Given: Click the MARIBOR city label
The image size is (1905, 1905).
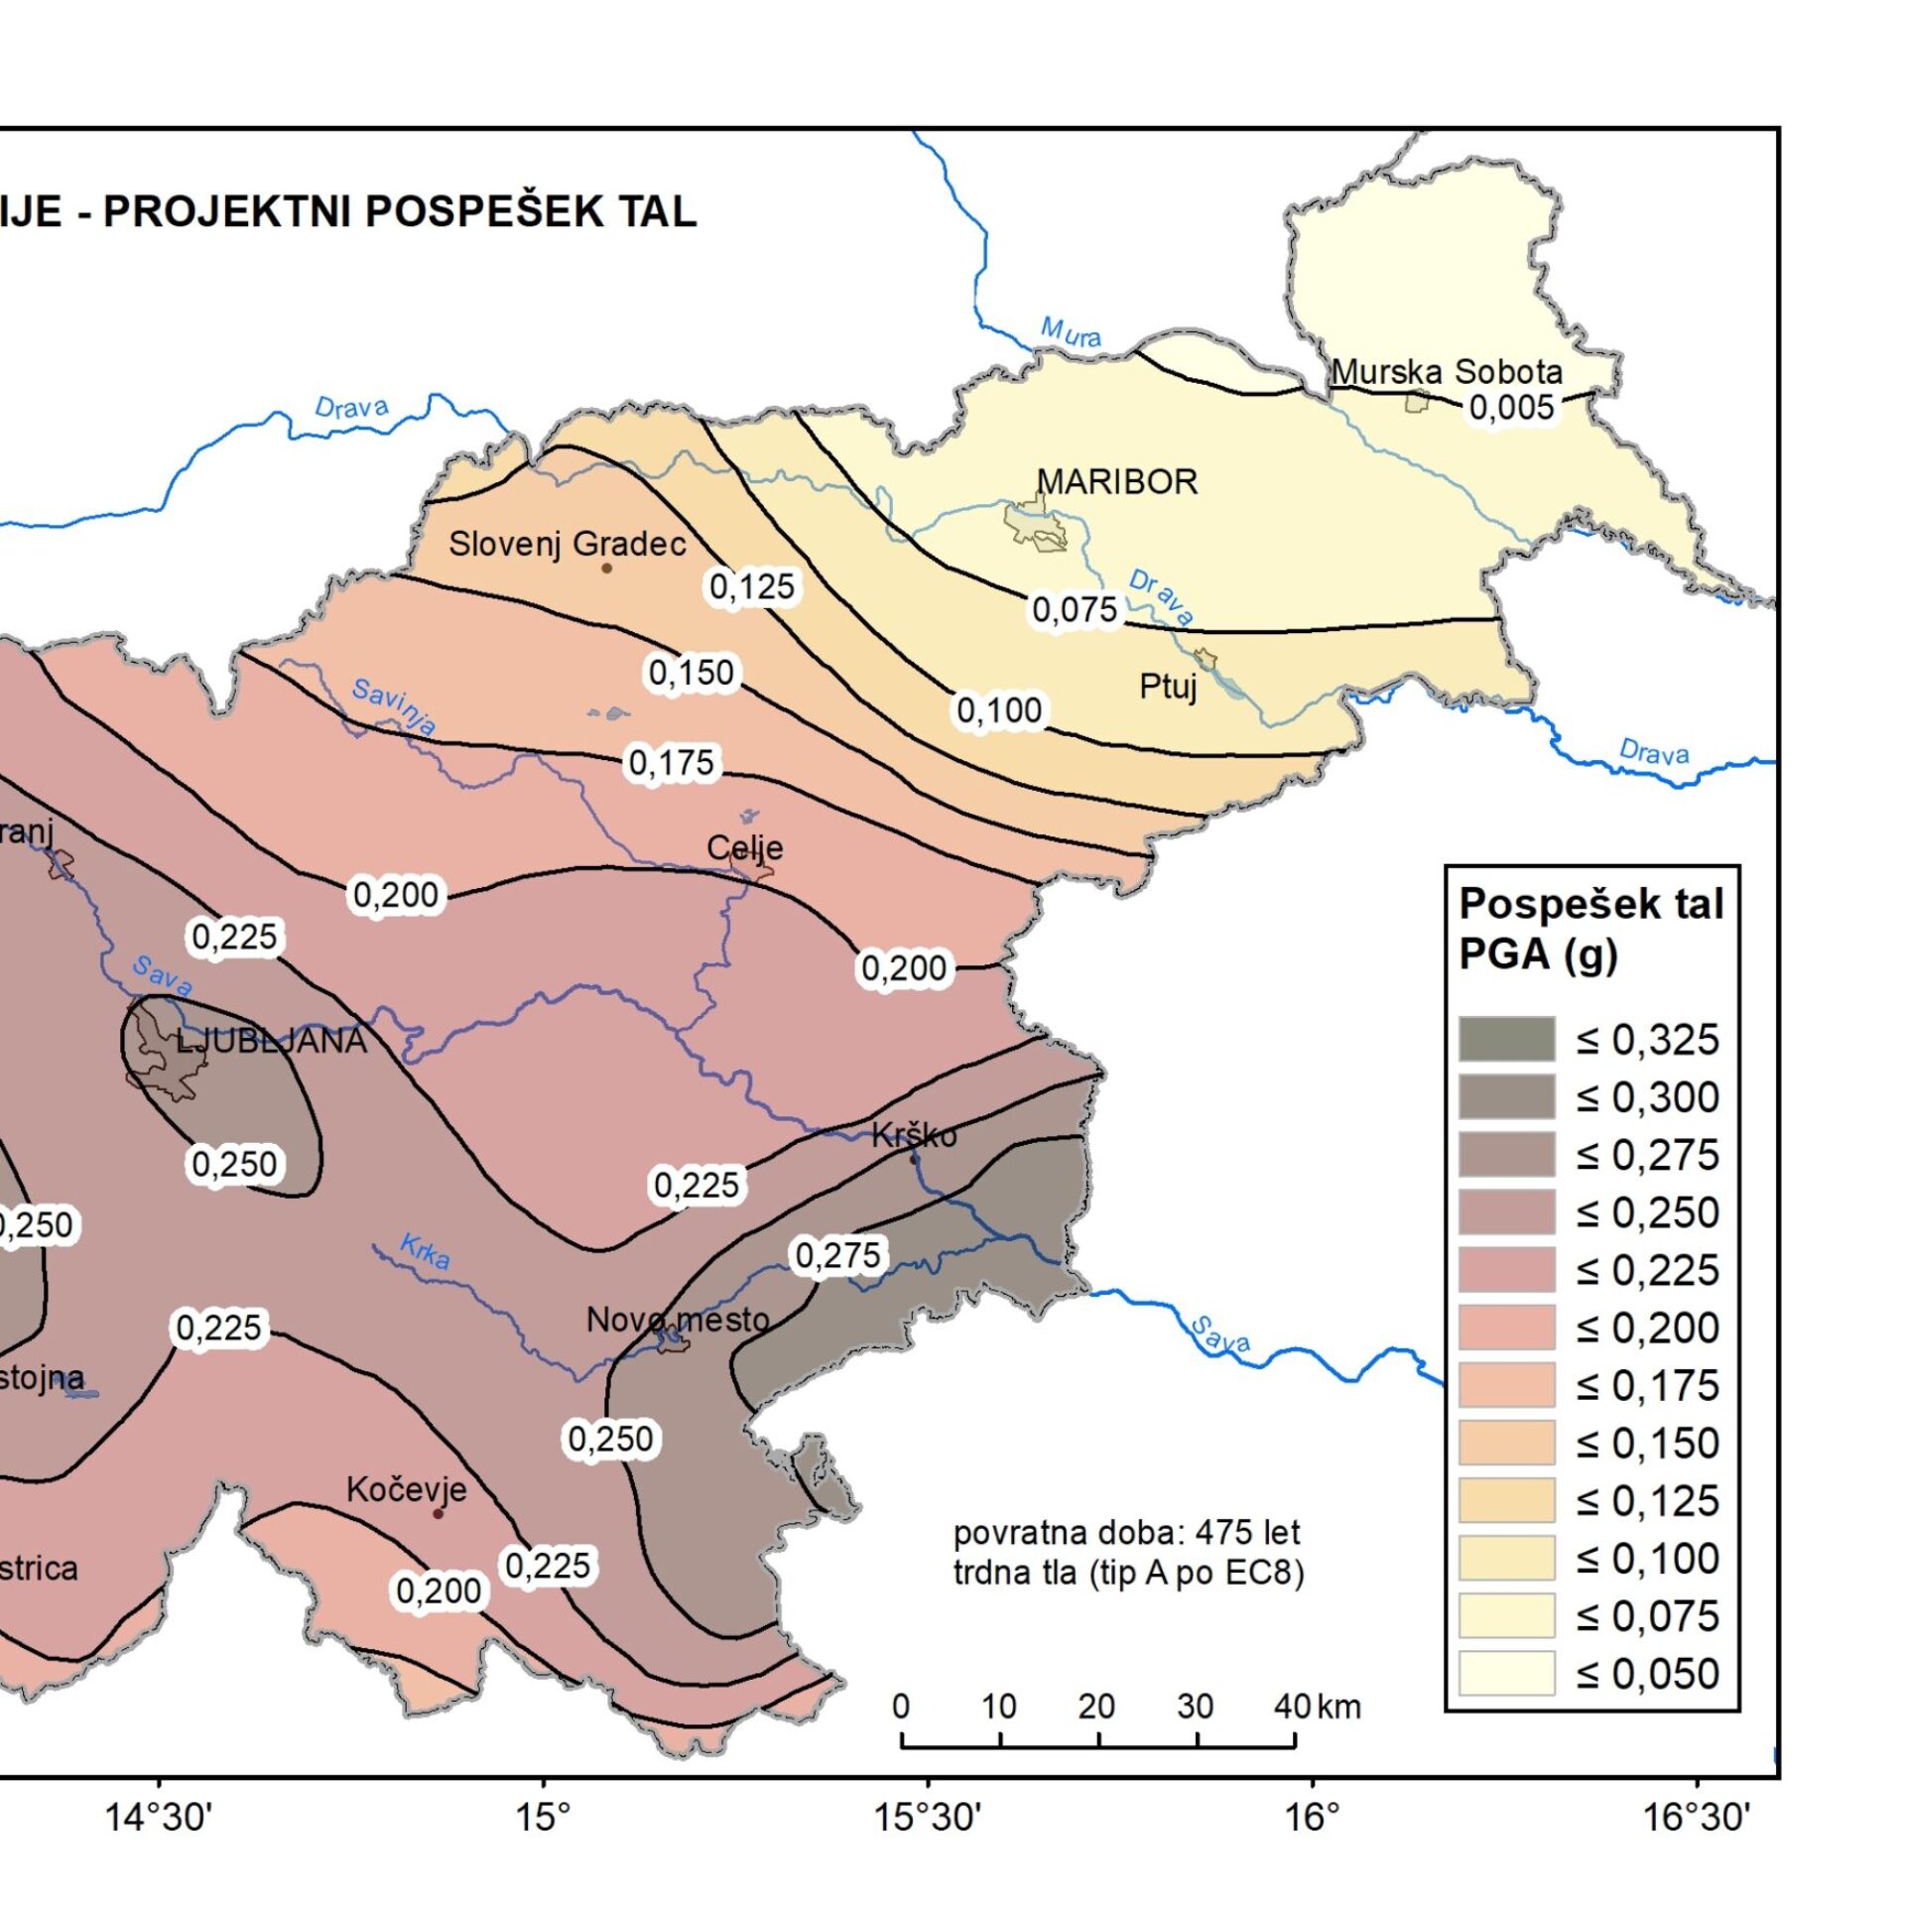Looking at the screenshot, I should coord(1117,482).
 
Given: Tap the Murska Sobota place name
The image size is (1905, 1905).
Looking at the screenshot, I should coord(1446,372).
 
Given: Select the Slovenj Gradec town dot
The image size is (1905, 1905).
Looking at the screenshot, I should coord(606,569).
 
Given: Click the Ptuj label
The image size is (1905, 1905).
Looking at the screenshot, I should coord(1168,686).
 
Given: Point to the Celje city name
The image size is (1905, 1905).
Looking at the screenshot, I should coord(744,847).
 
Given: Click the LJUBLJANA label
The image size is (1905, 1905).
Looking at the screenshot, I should coord(271,1041).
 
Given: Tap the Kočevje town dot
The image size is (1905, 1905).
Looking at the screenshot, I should coord(438,1513).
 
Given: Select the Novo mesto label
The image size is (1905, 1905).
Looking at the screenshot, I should coord(678,1320).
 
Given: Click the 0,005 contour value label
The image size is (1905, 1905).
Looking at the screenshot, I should coord(1511,407).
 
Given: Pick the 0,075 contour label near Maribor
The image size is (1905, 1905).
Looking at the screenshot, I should coord(1075,609).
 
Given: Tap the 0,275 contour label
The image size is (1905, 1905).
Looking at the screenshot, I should coord(838,1255).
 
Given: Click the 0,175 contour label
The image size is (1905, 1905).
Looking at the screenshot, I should coord(672,762).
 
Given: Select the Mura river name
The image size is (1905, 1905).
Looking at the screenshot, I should coord(1070,332).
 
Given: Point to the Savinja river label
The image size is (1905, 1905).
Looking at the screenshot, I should coord(394,705).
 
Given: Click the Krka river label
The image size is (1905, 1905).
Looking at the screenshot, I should coord(425,1252).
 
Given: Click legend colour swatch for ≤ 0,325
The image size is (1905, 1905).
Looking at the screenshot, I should coord(1505,1039).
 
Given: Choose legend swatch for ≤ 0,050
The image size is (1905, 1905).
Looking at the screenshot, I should coord(1505,1673).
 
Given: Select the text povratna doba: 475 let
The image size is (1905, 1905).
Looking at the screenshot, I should coord(1126,1533).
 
